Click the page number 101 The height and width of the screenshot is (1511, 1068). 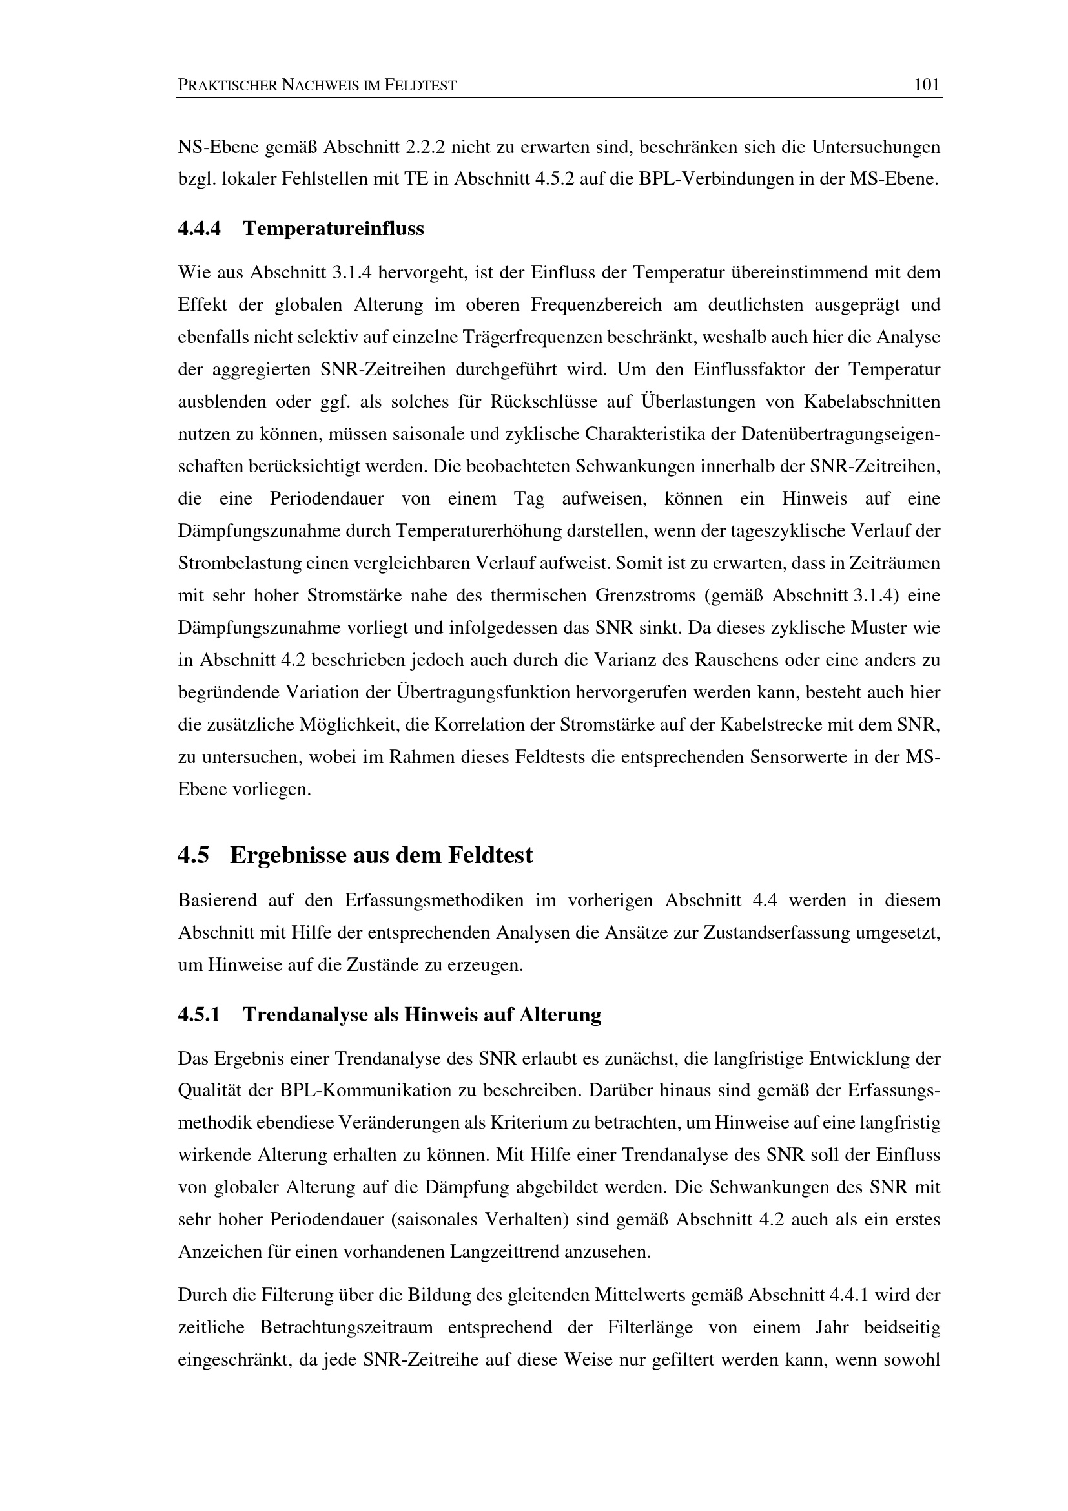[x=927, y=85]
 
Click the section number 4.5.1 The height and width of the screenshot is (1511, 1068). [x=200, y=1015]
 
